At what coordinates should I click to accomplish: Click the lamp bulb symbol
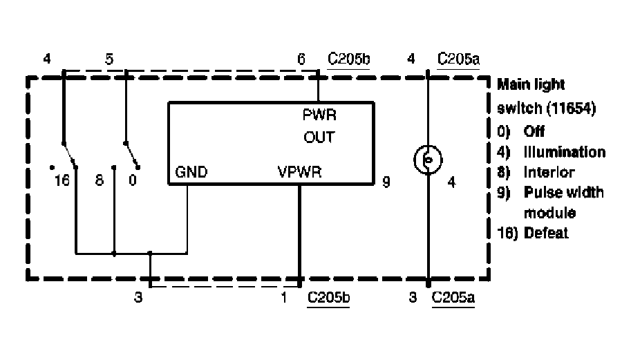[x=428, y=161]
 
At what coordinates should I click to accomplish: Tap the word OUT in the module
[x=319, y=138]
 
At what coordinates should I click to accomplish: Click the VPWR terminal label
[x=299, y=172]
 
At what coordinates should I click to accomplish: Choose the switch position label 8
[x=99, y=181]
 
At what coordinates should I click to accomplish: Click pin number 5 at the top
[x=109, y=59]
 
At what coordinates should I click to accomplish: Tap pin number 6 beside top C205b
[x=301, y=59]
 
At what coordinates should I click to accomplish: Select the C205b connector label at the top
[x=349, y=59]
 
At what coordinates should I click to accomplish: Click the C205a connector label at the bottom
[x=453, y=299]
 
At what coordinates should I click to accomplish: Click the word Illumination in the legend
[x=565, y=152]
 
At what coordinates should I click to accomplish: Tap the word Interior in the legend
[x=549, y=172]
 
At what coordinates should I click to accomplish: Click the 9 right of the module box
[x=386, y=184]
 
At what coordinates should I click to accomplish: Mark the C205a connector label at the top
[x=459, y=59]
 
